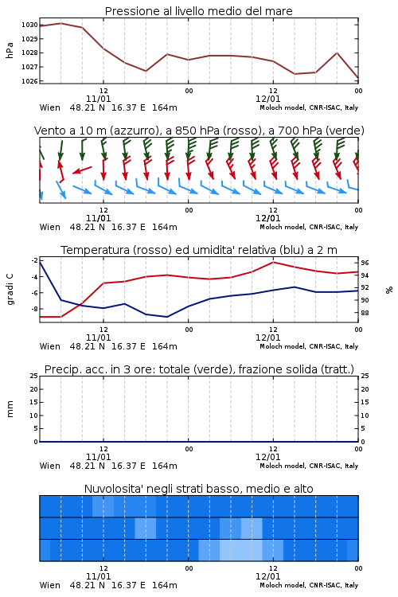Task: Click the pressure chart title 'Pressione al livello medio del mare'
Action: [198, 11]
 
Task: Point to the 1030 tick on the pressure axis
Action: [29, 25]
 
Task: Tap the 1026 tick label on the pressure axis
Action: [29, 81]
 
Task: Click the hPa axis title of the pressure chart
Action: [10, 50]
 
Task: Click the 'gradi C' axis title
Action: [10, 290]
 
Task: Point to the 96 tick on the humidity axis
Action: [365, 263]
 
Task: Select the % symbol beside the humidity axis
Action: [389, 290]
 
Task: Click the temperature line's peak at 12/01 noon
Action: [273, 262]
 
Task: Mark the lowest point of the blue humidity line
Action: [167, 317]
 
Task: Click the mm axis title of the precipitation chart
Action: [10, 409]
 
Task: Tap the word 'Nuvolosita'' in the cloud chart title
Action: [109, 489]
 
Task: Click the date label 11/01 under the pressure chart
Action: [98, 99]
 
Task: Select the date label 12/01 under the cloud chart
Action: [267, 576]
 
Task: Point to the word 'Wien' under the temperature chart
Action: [50, 346]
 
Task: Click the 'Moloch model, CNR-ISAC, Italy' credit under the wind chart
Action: [309, 227]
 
